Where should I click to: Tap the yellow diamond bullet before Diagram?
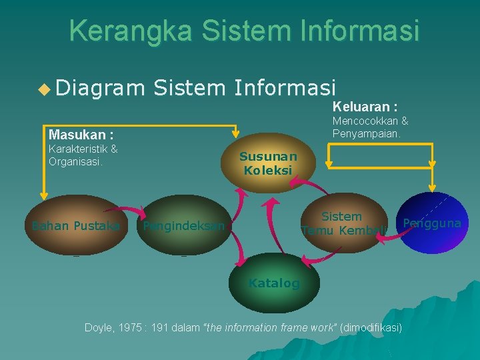point(45,87)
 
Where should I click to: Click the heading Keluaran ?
point(365,107)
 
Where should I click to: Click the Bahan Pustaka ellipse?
point(75,225)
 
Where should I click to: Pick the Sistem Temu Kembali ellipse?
point(343,223)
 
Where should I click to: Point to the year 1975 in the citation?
point(131,328)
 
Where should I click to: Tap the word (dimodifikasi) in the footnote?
point(371,328)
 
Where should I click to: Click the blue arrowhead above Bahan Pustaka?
point(43,195)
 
